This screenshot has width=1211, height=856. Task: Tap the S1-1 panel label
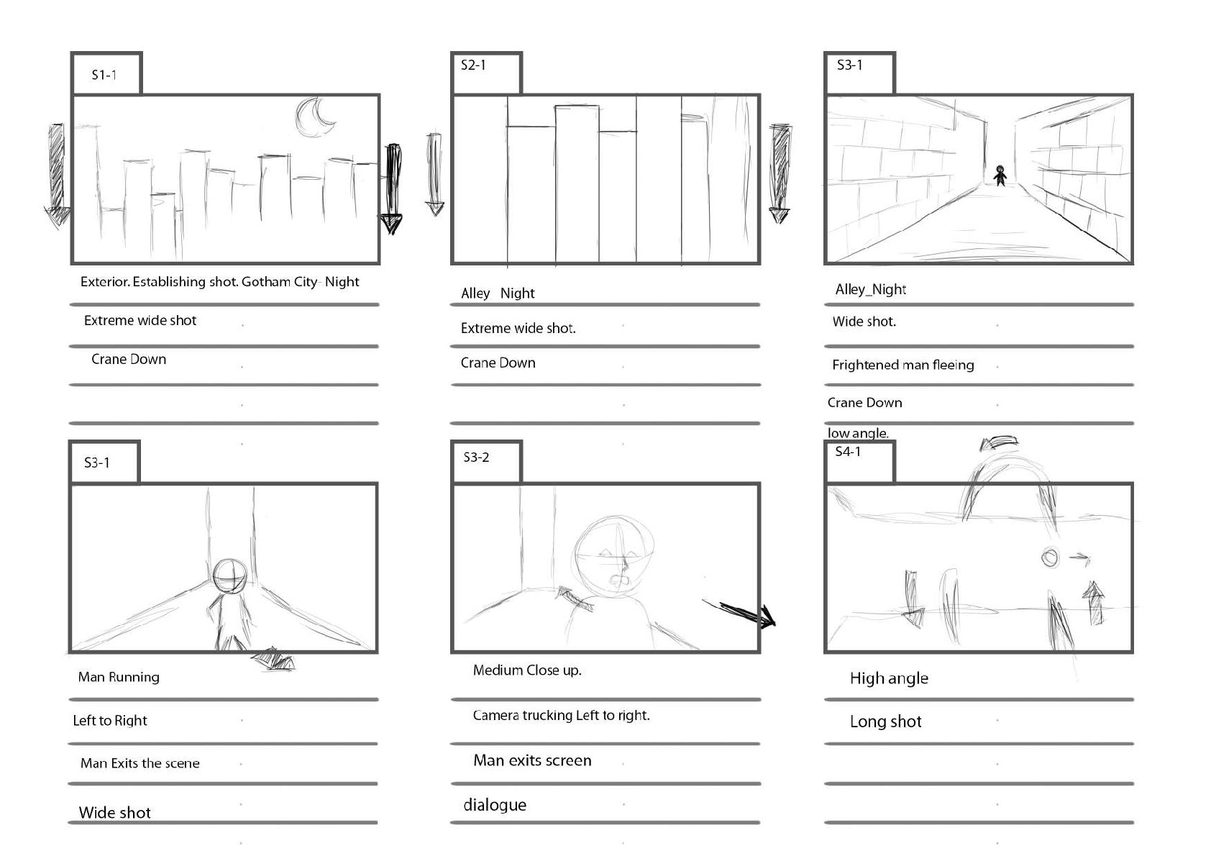[x=104, y=75]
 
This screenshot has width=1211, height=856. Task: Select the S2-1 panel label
[x=473, y=65]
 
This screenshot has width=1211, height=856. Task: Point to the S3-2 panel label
[x=476, y=457]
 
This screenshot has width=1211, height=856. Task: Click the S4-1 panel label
[x=848, y=452]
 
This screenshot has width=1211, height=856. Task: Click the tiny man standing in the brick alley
[x=1000, y=175]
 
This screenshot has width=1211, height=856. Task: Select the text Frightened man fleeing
[x=902, y=365]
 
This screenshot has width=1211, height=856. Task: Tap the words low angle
[x=858, y=433]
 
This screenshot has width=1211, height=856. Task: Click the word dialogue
[x=495, y=805]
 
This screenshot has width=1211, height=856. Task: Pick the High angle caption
[x=889, y=678]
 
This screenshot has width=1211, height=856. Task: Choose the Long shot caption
[x=885, y=721]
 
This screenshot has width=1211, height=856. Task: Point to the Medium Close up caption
[x=527, y=670]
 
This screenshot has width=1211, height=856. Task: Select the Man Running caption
[x=119, y=677]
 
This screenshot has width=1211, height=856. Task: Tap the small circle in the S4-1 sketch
[x=1050, y=557]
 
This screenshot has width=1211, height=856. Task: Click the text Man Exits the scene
[x=140, y=763]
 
